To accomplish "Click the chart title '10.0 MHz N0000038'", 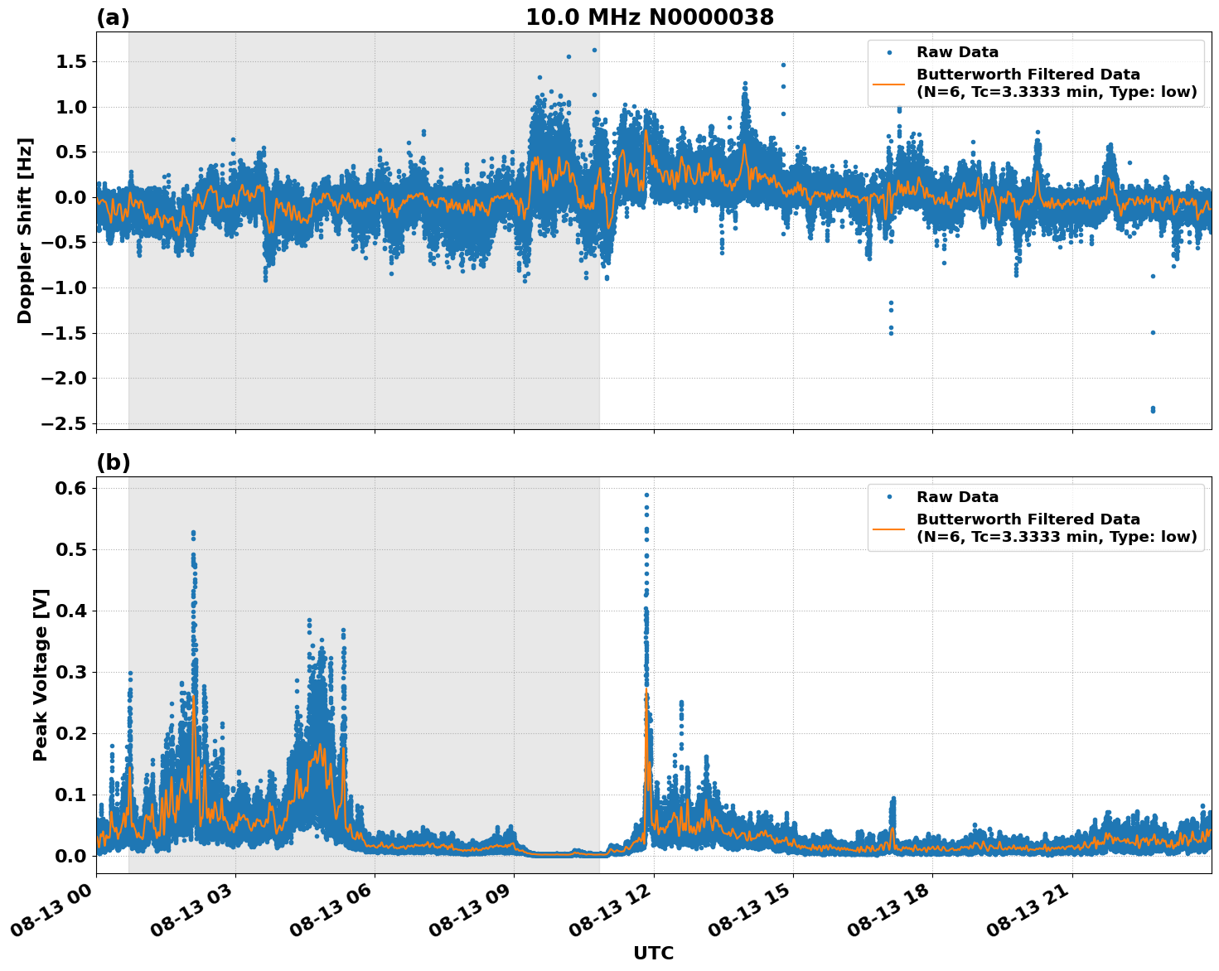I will click(649, 17).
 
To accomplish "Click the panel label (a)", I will click(113, 17).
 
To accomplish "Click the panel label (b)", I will click(113, 462).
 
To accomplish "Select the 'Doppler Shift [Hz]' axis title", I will click(25, 230).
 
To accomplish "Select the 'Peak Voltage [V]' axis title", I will click(41, 674).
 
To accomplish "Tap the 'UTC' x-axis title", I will click(653, 953).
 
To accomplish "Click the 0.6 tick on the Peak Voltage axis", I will click(70, 489).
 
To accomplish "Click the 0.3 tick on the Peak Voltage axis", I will click(70, 672).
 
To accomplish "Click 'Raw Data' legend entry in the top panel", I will click(957, 52).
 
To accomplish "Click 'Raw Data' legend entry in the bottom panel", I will click(957, 497).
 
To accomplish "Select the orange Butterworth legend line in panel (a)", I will click(888, 83).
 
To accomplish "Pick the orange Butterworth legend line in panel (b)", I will click(888, 528).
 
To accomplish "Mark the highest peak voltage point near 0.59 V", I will click(646, 495).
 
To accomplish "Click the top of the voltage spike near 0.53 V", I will click(193, 533).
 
